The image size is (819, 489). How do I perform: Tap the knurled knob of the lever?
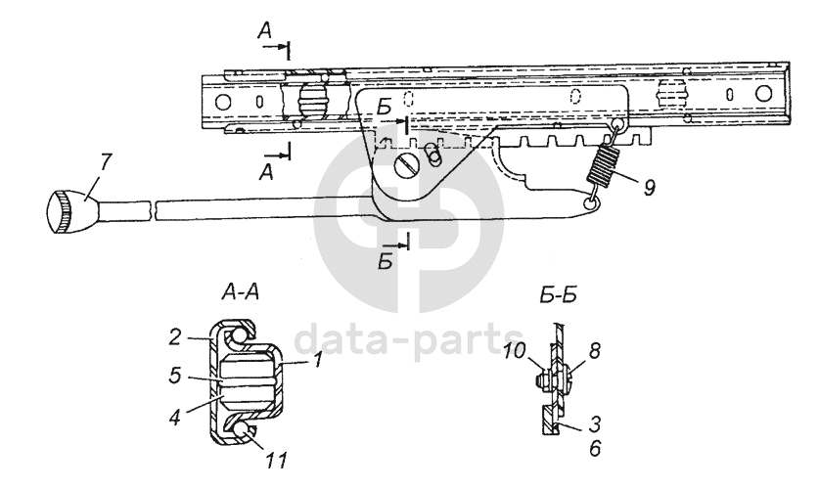(x=65, y=211)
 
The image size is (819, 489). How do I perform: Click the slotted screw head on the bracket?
(x=407, y=167)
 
